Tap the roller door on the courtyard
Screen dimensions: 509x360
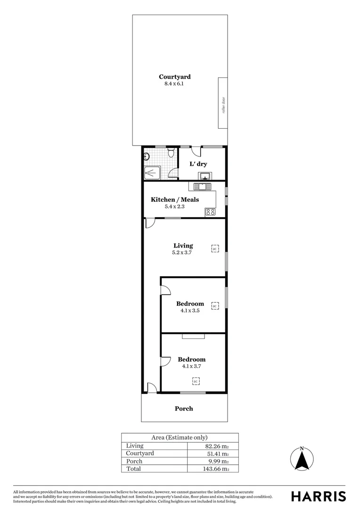pos(223,103)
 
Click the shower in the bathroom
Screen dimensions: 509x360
pos(152,172)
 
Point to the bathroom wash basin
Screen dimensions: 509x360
pos(147,157)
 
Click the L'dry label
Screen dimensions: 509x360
pos(198,164)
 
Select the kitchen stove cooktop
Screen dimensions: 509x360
pos(210,212)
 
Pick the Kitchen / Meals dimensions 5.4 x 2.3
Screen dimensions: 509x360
pos(174,206)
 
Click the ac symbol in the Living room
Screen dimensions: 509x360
pos(215,248)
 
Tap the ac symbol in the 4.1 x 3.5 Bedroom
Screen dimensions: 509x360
pos(215,306)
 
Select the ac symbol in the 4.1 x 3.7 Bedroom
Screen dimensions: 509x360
pos(196,381)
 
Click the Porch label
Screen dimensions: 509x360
pos(184,409)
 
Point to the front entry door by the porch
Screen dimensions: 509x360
pos(151,388)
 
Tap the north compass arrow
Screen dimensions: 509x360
pos(302,460)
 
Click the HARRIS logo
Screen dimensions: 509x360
pos(318,496)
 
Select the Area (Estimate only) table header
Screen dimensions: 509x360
pos(180,437)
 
